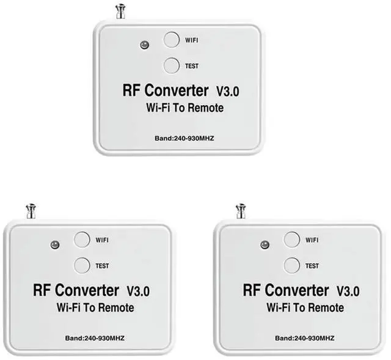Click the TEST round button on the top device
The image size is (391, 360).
172,65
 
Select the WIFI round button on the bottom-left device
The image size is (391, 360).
82,240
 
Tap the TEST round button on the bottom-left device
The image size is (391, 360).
82,265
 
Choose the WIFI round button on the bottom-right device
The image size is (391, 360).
292,240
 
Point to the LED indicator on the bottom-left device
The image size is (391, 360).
54,244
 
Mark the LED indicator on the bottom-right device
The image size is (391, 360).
265,244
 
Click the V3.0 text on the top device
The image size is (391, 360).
228,92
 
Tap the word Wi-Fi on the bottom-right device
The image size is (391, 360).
275,307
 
